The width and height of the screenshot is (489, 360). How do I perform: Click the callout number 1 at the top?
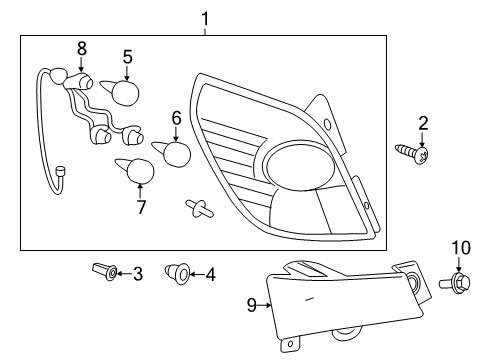click(206, 17)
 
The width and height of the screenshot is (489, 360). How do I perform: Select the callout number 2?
click(423, 123)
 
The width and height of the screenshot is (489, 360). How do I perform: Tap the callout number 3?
click(138, 272)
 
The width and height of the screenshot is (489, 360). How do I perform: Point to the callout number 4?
click(211, 272)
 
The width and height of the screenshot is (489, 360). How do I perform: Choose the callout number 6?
click(176, 118)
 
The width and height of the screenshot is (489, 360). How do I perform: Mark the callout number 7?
click(141, 208)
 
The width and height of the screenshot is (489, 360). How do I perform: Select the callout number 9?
click(251, 305)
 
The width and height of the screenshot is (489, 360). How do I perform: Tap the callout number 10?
click(459, 247)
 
